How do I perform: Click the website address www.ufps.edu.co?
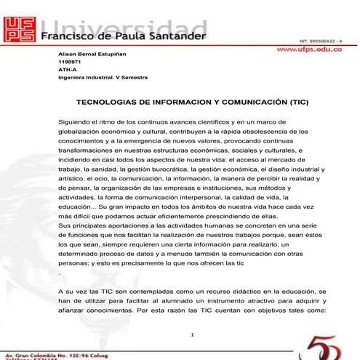(x=316, y=51)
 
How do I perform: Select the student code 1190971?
(x=68, y=64)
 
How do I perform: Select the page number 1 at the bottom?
(x=191, y=335)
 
